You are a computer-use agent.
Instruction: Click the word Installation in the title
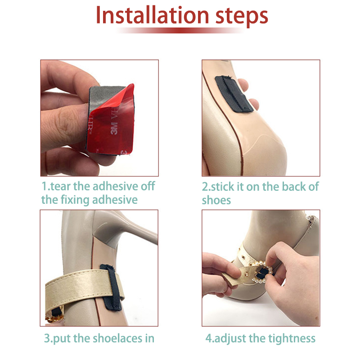pos(153,15)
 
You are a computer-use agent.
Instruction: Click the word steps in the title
pos(242,17)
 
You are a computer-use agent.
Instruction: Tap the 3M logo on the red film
pos(114,129)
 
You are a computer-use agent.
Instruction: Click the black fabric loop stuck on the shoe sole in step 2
pos(234,94)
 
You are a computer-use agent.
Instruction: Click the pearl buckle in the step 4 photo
pos(262,273)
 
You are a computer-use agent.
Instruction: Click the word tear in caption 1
pos(60,186)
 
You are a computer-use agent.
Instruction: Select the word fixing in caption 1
pos(75,199)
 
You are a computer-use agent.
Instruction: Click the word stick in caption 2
pos(223,186)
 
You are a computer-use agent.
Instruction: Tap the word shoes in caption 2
pos(216,200)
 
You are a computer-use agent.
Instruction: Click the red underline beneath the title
pos(181,31)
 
